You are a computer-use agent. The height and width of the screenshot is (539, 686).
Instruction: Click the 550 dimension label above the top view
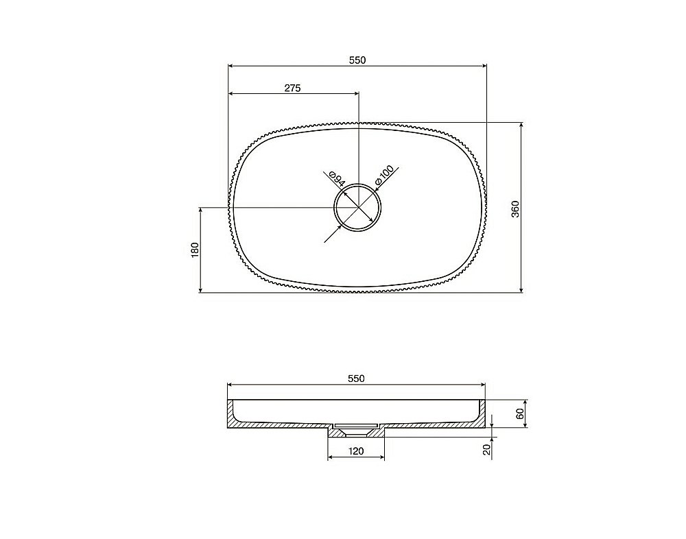pyautogui.click(x=357, y=60)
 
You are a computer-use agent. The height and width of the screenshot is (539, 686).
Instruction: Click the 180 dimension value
pyautogui.click(x=194, y=250)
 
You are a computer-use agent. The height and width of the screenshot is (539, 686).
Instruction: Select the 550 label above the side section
pyautogui.click(x=355, y=378)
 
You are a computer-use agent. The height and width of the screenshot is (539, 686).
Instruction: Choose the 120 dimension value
pyautogui.click(x=355, y=451)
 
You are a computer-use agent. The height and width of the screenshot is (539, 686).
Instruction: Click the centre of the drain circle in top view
pyautogui.click(x=357, y=207)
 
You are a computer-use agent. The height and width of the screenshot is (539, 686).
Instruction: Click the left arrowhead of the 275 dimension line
pyautogui.click(x=231, y=93)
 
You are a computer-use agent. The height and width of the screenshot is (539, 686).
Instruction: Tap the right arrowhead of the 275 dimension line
pyautogui.click(x=355, y=93)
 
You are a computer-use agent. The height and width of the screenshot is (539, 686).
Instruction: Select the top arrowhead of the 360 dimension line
pyautogui.click(x=522, y=126)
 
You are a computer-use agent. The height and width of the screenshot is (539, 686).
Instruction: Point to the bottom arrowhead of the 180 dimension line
pyautogui.click(x=200, y=289)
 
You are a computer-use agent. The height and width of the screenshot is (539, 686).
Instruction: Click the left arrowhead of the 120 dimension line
pyautogui.click(x=331, y=458)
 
